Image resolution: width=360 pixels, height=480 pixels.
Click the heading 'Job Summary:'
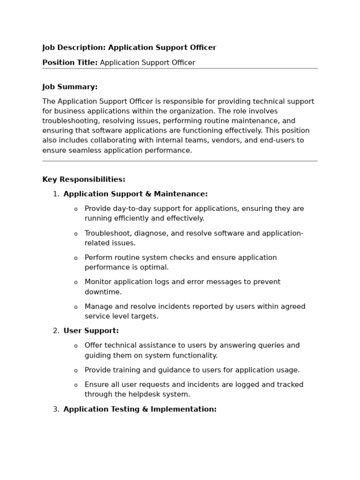pos(70,87)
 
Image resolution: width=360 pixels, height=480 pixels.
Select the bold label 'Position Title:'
pos(70,63)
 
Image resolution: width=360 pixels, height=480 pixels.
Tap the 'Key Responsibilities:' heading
pos(83,180)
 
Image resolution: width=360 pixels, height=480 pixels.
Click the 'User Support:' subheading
pos(91,331)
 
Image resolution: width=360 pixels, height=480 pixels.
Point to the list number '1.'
pos(56,194)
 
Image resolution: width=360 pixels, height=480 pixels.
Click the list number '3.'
pos(56,409)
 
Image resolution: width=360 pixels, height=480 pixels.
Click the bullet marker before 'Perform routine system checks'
pos(75,258)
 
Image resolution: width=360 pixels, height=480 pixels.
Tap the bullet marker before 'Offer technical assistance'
pos(75,346)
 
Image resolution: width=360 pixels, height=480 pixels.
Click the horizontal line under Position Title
pos(180,68)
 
